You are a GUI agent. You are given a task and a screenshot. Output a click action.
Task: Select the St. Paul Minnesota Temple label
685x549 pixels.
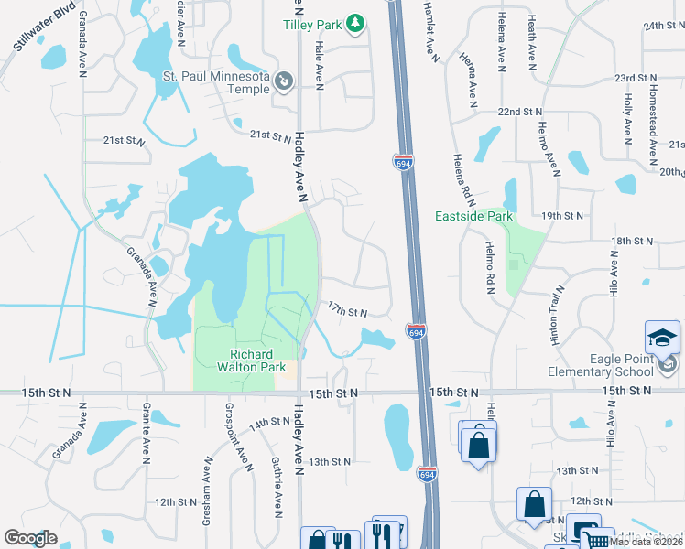[216, 82]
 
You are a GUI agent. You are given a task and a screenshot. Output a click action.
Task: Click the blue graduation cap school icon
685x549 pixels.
[662, 339]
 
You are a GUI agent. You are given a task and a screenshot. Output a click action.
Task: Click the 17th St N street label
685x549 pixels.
[347, 312]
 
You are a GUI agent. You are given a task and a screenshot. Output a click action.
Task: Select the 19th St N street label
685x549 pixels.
[562, 215]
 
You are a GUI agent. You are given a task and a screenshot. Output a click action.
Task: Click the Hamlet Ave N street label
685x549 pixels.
[431, 31]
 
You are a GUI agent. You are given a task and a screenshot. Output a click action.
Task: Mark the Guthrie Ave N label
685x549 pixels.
[276, 487]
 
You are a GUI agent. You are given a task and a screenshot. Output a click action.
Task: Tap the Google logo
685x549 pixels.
[30, 538]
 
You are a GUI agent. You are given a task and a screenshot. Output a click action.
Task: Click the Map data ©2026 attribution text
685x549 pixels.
[646, 542]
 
